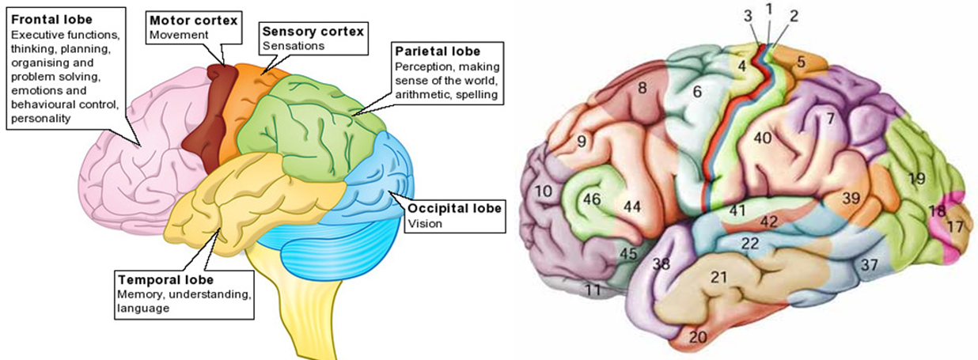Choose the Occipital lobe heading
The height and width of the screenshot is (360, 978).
pyautogui.click(x=454, y=209)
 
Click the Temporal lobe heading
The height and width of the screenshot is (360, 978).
pyautogui.click(x=165, y=280)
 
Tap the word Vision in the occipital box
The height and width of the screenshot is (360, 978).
pyautogui.click(x=423, y=223)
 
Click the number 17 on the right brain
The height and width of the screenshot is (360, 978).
pyautogui.click(x=955, y=225)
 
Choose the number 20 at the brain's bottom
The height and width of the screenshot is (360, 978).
pyautogui.click(x=697, y=337)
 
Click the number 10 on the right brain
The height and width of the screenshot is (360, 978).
pyautogui.click(x=542, y=191)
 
